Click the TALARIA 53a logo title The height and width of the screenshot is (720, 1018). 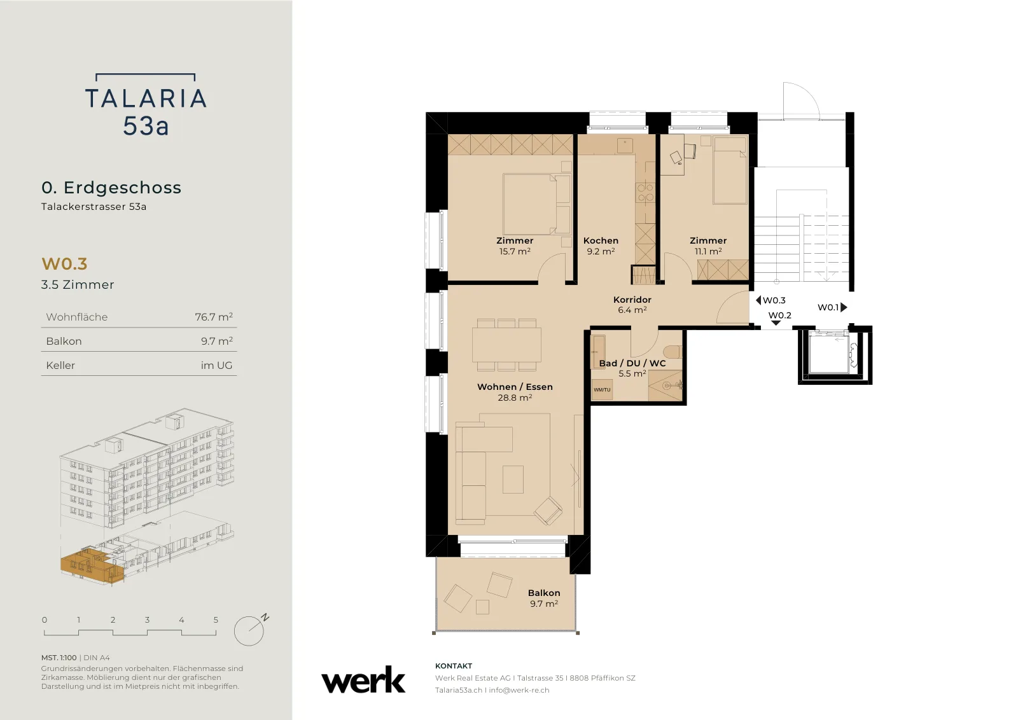pyautogui.click(x=146, y=105)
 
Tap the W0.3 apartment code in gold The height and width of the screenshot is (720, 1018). pyautogui.click(x=64, y=263)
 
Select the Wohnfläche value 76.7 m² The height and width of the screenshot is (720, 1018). pyautogui.click(x=214, y=317)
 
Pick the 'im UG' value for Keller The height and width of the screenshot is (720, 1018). pyautogui.click(x=216, y=365)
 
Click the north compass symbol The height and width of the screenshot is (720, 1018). pyautogui.click(x=249, y=630)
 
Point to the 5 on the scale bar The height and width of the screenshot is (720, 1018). pyautogui.click(x=216, y=620)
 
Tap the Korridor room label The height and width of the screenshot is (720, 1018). pyautogui.click(x=632, y=300)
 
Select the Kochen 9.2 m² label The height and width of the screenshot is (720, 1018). pyautogui.click(x=601, y=246)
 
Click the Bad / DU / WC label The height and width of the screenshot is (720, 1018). pyautogui.click(x=632, y=363)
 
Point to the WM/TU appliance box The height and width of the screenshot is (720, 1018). pyautogui.click(x=602, y=390)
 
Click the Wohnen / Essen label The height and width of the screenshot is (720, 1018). pyautogui.click(x=515, y=387)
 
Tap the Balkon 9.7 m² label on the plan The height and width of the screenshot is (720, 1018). pyautogui.click(x=544, y=599)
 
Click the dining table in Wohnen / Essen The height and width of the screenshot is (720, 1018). pyautogui.click(x=506, y=345)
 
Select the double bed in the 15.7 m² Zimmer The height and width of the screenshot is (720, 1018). pyautogui.click(x=537, y=204)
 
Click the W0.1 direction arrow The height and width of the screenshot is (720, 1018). pyautogui.click(x=844, y=307)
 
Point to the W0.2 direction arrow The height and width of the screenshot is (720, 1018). pyautogui.click(x=776, y=323)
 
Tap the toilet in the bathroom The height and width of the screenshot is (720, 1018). pyautogui.click(x=673, y=352)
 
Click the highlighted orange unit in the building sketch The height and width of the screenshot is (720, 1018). pyautogui.click(x=92, y=565)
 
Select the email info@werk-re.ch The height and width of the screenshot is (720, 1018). pyautogui.click(x=519, y=690)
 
